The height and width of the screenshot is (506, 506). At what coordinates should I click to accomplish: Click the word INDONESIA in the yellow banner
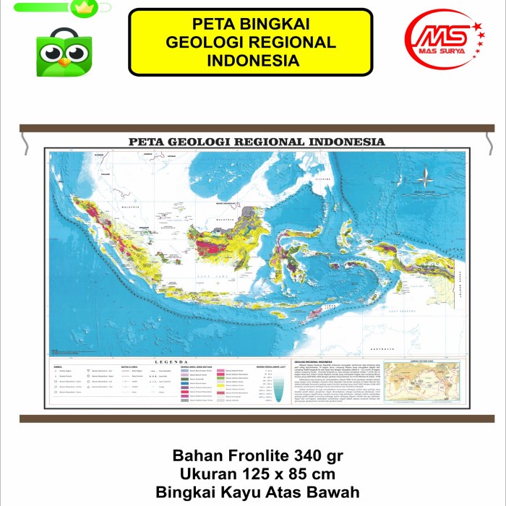coord(251,60)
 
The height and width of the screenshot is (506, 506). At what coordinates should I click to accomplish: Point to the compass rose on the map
coord(424,175)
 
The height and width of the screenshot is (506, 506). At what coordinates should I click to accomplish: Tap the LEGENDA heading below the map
coord(171,361)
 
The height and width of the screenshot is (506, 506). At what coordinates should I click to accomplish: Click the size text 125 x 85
coord(278,474)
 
